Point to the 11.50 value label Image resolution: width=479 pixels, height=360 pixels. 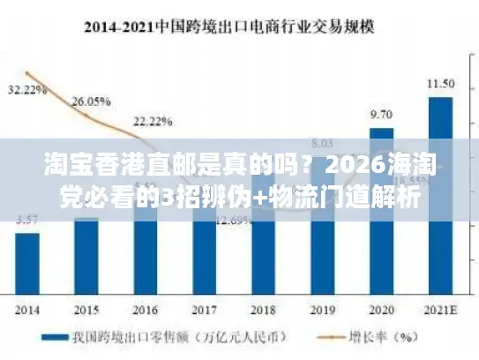(x=440, y=83)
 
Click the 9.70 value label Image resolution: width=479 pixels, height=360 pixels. (x=381, y=115)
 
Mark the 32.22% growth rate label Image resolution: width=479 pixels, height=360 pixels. (x=28, y=89)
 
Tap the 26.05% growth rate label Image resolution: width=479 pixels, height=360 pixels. (x=89, y=101)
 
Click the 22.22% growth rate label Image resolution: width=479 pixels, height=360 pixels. (x=151, y=120)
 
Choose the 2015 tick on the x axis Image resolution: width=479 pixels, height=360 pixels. (x=86, y=311)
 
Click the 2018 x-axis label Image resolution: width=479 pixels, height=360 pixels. (x=263, y=311)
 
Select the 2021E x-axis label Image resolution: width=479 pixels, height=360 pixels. (x=440, y=311)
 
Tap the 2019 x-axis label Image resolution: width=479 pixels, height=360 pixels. (x=322, y=311)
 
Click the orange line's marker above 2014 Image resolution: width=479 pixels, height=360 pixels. (x=27, y=72)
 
